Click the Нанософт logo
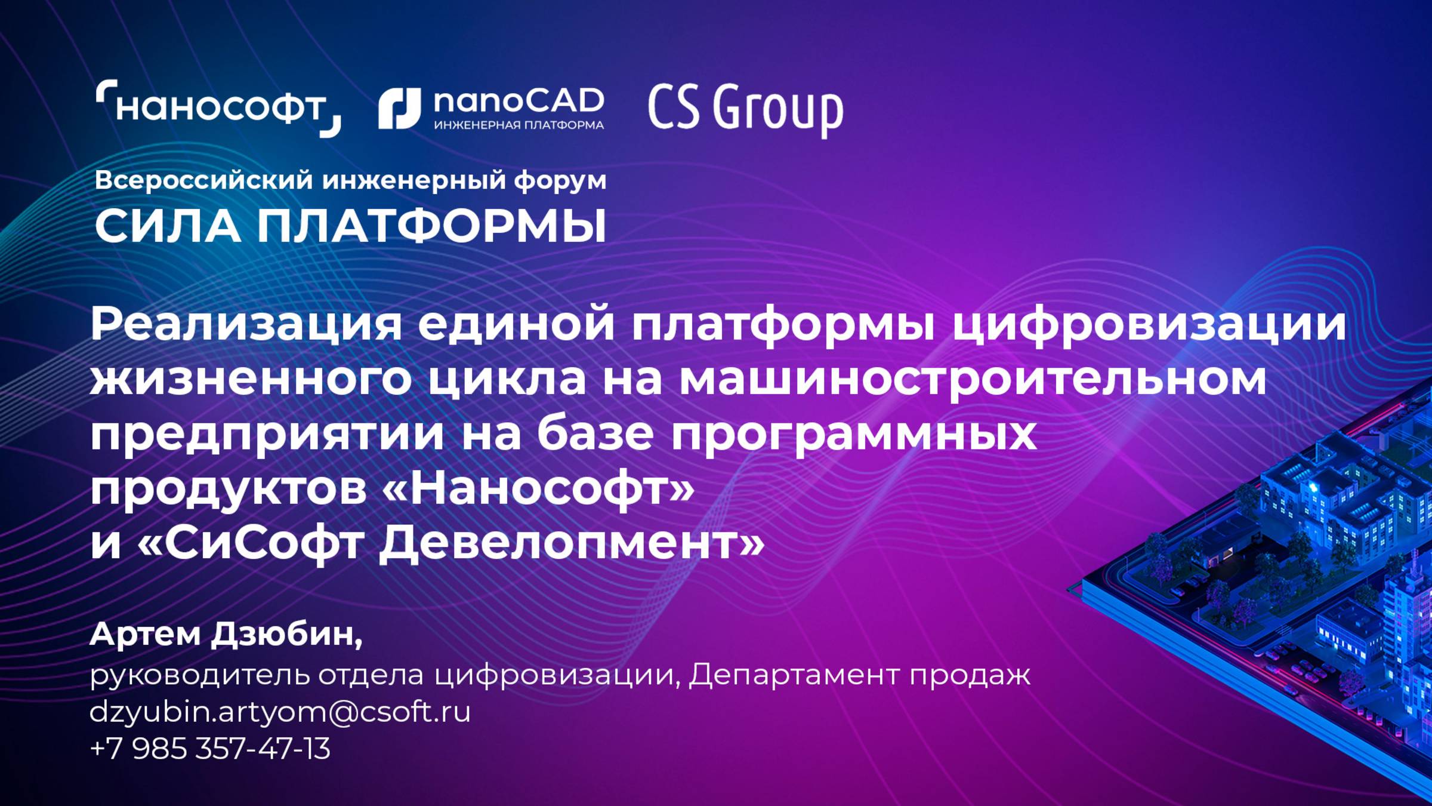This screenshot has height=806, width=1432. pos(218,108)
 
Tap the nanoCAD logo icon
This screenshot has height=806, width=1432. pos(399,109)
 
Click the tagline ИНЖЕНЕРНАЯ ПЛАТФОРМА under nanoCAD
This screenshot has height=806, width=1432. pos(519,125)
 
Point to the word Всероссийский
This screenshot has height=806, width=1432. pos(203,180)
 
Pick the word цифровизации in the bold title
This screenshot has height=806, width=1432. pos(1149,325)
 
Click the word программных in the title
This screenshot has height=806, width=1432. pos(854,435)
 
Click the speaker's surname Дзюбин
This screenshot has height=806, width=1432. pos(286,634)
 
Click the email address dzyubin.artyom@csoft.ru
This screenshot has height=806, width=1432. pos(280,712)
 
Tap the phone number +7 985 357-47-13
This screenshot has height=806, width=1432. pos(210,749)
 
